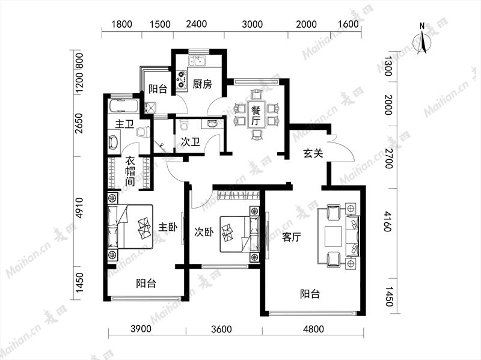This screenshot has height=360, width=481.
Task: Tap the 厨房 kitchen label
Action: click(202, 84)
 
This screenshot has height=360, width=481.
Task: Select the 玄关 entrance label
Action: click(313, 153)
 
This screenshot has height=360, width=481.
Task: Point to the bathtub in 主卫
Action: click(123, 106)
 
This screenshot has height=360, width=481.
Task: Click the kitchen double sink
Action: click(197, 61)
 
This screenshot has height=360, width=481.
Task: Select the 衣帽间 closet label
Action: click(130, 171)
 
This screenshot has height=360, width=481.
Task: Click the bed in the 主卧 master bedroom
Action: click(130, 227)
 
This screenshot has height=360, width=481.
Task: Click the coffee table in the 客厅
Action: click(333, 236)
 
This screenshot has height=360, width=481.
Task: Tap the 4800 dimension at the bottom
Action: click(313, 329)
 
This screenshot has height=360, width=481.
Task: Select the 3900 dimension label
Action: click(141, 329)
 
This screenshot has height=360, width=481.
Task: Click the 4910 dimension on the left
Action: click(79, 208)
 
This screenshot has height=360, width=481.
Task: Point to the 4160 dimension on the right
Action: click(388, 221)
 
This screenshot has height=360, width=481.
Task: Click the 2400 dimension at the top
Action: click(197, 24)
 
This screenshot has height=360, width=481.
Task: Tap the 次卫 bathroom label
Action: click(190, 142)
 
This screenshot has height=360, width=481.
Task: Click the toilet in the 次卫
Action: click(184, 126)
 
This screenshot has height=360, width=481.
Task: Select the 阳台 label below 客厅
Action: click(310, 294)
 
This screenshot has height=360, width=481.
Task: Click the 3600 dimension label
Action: click(221, 329)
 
